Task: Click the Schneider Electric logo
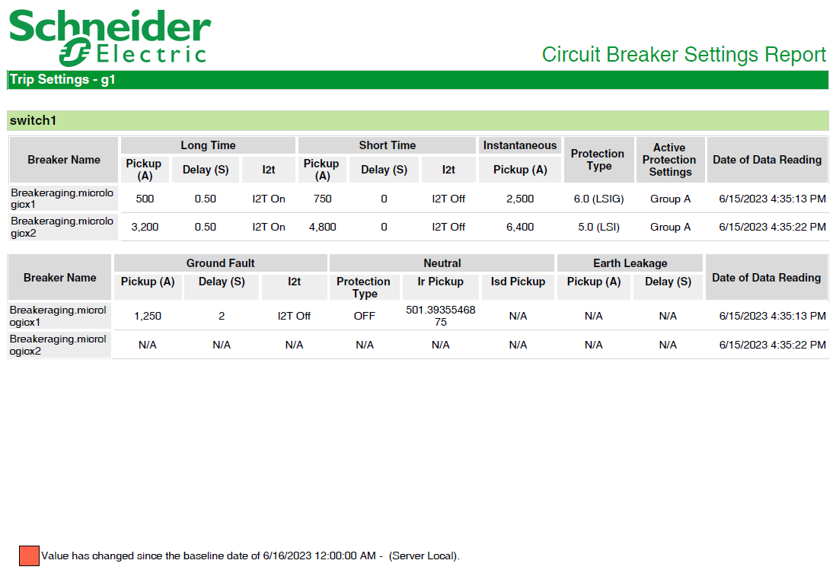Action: click(110, 37)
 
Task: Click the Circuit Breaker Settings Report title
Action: click(684, 54)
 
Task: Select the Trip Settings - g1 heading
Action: click(62, 79)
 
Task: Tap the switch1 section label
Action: click(33, 120)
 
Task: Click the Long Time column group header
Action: click(208, 145)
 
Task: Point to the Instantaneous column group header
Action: click(520, 145)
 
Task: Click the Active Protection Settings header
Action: click(670, 159)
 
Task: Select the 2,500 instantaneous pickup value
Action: click(520, 199)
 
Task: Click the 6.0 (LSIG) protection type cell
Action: click(598, 199)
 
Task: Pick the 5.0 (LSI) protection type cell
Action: click(598, 227)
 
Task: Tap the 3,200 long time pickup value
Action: click(145, 227)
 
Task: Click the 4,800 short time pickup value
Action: click(323, 227)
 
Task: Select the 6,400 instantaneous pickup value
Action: click(520, 227)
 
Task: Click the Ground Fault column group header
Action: click(220, 263)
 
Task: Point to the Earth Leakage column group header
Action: click(630, 263)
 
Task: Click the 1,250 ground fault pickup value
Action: click(148, 316)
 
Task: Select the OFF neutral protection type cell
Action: click(365, 316)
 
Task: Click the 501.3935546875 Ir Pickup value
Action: click(440, 316)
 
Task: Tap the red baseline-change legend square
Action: click(30, 555)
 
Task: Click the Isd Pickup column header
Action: click(518, 282)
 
